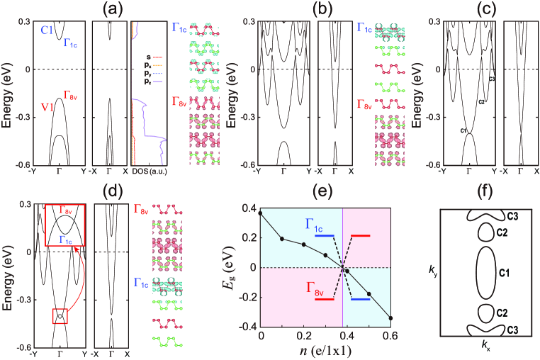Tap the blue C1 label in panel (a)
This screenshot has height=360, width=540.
coord(47,30)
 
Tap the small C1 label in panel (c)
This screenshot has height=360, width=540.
coord(464,130)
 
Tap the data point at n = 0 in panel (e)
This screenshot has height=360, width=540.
coord(260,213)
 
